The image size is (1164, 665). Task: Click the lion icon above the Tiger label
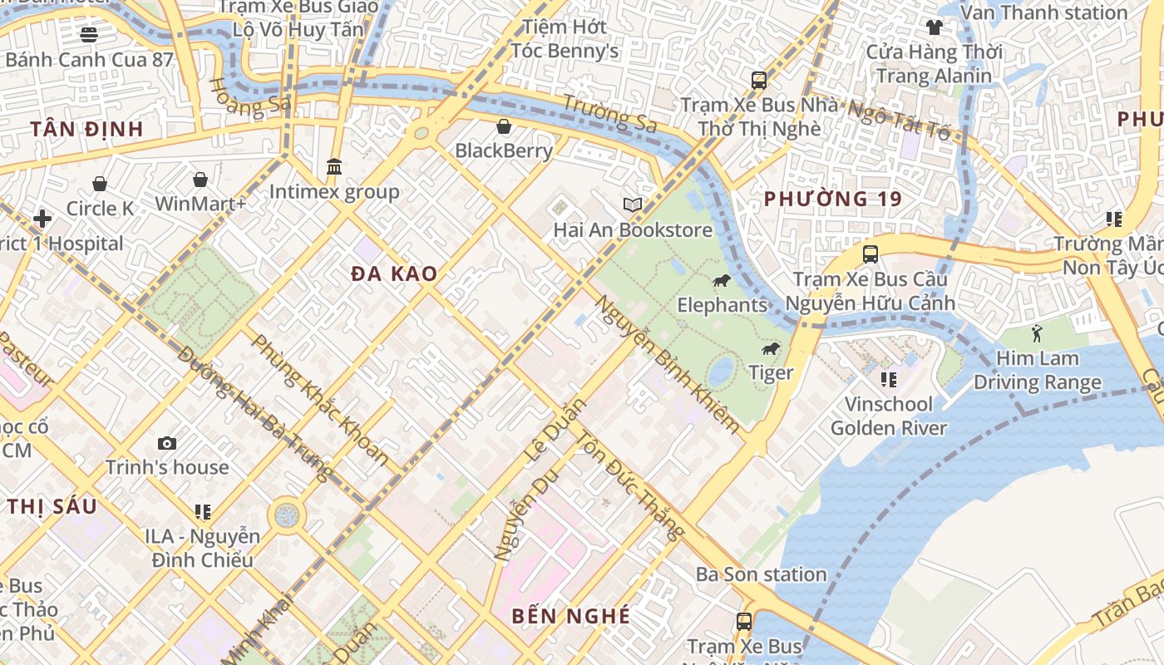(771, 348)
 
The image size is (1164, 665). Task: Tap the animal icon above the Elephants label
(721, 281)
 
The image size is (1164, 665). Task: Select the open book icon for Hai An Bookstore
(633, 204)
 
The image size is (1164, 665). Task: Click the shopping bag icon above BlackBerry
(504, 126)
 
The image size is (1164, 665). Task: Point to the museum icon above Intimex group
(334, 167)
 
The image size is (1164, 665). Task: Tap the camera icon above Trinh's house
(167, 443)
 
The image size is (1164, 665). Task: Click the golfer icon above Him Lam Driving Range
(1037, 334)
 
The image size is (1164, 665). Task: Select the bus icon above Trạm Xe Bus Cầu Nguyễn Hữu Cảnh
(871, 254)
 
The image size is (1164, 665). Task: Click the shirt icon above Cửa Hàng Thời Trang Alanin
(935, 27)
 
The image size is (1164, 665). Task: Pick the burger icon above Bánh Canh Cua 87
(89, 34)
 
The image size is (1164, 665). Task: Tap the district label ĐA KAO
(394, 273)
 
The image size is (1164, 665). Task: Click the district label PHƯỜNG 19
(833, 199)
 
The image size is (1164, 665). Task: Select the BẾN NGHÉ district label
(571, 616)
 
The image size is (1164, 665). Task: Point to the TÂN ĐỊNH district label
(87, 129)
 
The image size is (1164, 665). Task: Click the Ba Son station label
(762, 574)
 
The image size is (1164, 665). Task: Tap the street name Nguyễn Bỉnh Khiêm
(667, 364)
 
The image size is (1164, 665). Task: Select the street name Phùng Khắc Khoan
(320, 399)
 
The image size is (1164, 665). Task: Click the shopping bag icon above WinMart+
(200, 180)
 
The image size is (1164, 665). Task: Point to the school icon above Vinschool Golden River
(888, 380)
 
